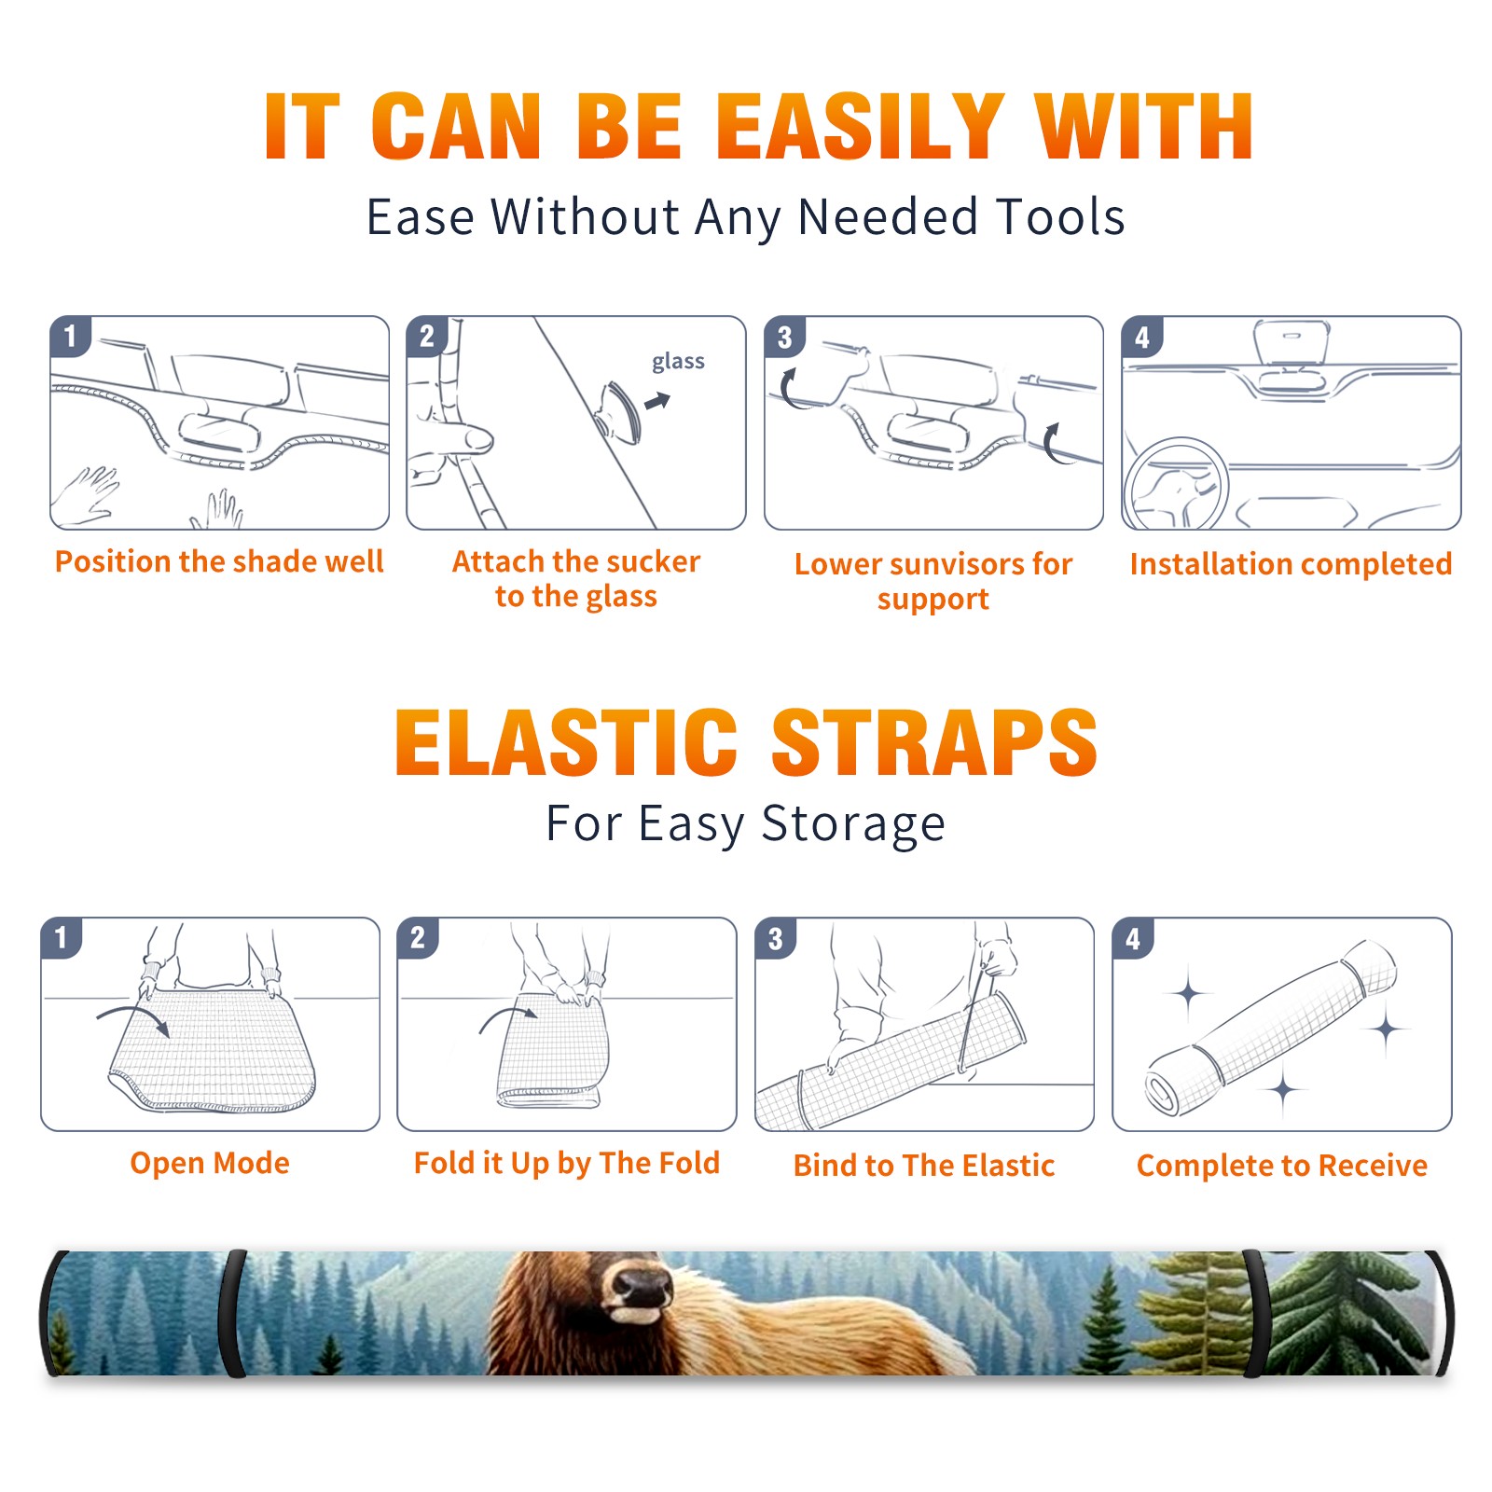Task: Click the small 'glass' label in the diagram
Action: [x=678, y=362]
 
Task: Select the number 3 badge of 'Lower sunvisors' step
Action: [x=784, y=337]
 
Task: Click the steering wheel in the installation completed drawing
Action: [x=1176, y=483]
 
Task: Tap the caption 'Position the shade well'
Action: [x=219, y=561]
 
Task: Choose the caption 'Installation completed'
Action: [x=1291, y=563]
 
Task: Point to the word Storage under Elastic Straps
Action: [x=853, y=824]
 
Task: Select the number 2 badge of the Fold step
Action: [x=417, y=938]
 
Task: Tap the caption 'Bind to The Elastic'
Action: [x=923, y=1165]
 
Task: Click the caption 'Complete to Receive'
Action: [x=1281, y=1166]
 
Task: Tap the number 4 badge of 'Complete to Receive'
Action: [x=1132, y=938]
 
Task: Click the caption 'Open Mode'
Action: [x=210, y=1163]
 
